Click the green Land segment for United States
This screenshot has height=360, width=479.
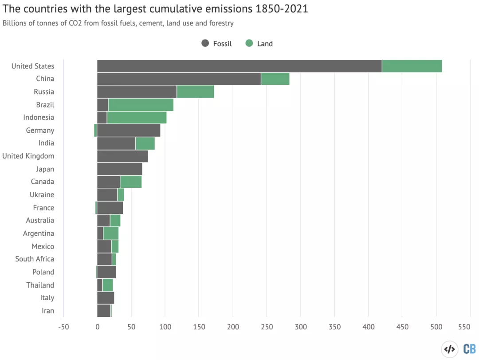point(412,66)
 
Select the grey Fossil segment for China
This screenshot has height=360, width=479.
point(179,79)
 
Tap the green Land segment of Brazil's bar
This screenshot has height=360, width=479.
point(141,105)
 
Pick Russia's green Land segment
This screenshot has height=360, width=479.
point(196,92)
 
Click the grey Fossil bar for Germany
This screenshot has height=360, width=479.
point(129,131)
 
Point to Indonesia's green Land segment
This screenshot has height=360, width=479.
point(137,118)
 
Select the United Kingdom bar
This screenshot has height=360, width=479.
point(122,156)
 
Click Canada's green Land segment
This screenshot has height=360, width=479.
point(131,182)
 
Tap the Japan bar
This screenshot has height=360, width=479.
point(120,169)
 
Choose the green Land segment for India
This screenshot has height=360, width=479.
point(145,144)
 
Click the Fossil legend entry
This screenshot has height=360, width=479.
point(216,44)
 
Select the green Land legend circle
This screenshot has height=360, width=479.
point(249,43)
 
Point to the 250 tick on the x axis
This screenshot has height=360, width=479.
point(267,327)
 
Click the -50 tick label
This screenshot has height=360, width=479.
point(63,327)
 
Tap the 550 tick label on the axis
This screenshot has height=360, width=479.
point(464,327)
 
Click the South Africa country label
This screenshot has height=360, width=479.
point(35,259)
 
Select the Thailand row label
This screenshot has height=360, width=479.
point(40,285)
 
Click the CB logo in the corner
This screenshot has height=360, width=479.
point(470,349)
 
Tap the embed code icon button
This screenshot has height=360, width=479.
point(449,349)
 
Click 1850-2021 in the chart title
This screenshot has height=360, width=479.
point(282,9)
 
